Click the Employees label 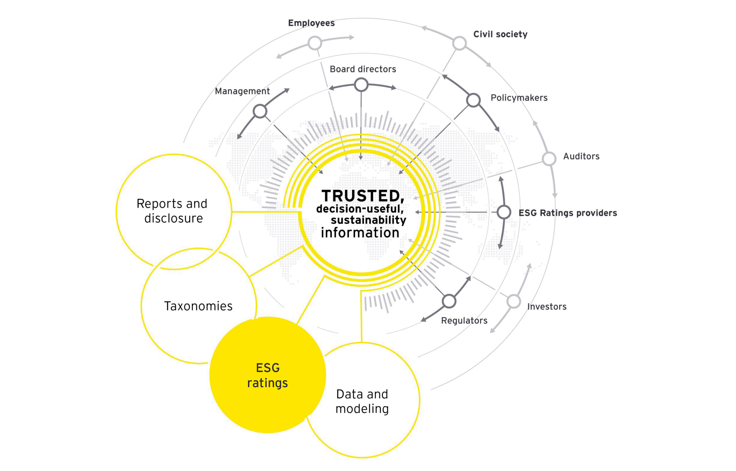coord(311,23)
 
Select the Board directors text coord(363,69)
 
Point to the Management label coord(242,91)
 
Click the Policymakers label coord(519,98)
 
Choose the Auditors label coord(581,156)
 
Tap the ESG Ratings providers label coord(568,213)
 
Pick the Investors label coord(547,307)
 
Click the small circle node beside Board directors coord(361,85)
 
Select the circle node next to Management coord(260,111)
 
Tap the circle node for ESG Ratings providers coord(504,212)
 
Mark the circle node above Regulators coord(449,301)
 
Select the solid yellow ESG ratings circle coord(268,375)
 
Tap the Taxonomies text coord(198,306)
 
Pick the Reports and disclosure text coord(172,211)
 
